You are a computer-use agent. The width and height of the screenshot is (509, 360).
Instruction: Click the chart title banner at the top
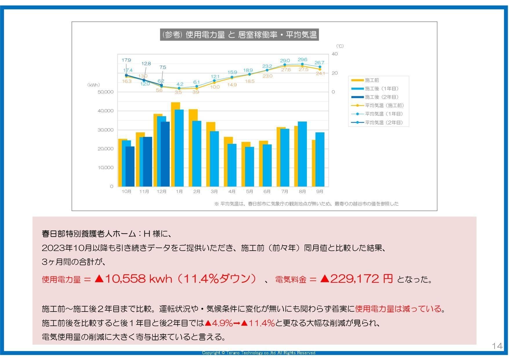pos(239,35)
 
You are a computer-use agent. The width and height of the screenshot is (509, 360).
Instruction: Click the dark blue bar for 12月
pos(165,154)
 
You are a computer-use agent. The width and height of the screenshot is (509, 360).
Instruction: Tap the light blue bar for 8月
pos(302,154)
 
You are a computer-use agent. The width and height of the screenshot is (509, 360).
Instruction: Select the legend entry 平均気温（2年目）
pos(377,122)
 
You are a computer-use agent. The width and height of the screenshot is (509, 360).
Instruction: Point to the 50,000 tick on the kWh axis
pos(106,92)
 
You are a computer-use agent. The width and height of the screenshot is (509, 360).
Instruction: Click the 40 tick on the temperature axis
pos(335,54)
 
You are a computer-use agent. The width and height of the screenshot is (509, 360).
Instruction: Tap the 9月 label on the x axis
pos(320,191)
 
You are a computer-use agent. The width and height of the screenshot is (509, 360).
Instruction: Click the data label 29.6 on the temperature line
pos(302,60)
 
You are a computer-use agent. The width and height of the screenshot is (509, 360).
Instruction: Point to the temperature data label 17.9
pos(126,60)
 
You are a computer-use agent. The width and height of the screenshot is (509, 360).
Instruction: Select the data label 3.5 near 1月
pos(178,92)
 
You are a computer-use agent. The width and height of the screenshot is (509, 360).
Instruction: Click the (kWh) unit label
pos(93,85)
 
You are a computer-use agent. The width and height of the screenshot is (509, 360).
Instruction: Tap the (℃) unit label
pos(340,46)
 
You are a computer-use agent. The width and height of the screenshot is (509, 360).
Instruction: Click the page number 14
pos(497,346)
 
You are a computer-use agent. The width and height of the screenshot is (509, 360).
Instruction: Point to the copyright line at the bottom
pos(259,353)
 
